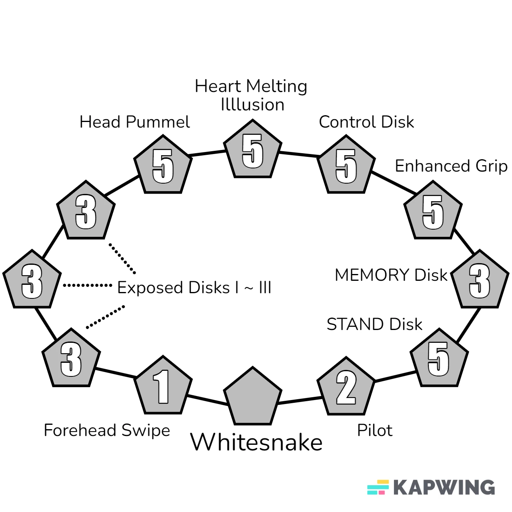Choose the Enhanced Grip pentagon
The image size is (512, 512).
tap(433, 212)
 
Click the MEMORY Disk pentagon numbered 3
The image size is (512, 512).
tap(480, 281)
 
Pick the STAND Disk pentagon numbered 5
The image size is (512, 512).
tap(439, 359)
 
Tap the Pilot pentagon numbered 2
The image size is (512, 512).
tap(346, 388)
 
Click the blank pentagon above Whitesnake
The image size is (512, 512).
tap(252, 398)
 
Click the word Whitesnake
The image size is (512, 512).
tap(256, 442)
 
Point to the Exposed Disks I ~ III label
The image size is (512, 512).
tap(194, 287)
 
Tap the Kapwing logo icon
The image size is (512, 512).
tap(378, 487)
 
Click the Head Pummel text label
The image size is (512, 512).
tap(134, 122)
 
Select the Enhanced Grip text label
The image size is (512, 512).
tap(451, 166)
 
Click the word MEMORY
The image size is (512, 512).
tap(372, 275)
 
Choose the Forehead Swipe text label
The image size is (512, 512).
tap(107, 430)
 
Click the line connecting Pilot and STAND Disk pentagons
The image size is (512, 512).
tap(395, 376)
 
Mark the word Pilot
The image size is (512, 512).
tap(374, 430)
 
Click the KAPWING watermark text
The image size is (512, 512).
tap(444, 487)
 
